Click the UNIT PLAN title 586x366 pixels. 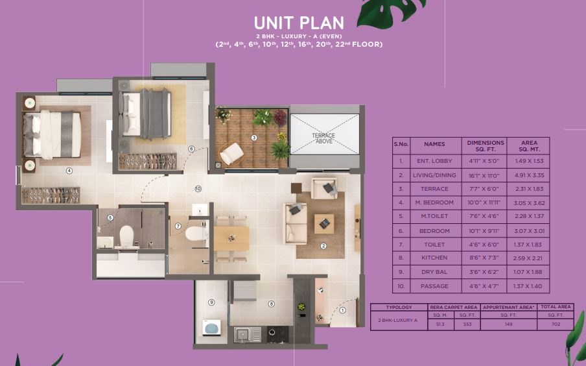pos(299,23)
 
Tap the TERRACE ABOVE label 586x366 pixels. pos(323,138)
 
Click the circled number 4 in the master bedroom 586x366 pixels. pos(69,171)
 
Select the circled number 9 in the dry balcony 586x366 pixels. pos(211,302)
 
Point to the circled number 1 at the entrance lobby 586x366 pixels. pos(342,310)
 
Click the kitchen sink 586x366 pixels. pos(248,334)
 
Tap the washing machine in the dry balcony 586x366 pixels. pos(211,328)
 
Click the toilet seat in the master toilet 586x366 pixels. pos(126,236)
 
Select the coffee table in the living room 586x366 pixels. pos(324,223)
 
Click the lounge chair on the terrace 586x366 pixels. pos(231,153)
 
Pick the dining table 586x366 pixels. pos(231,238)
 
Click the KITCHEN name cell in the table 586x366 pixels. pos(434,258)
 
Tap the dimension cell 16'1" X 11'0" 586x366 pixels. pos(484,175)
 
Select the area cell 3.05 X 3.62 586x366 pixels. pos(529,203)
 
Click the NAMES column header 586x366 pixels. pos(434,144)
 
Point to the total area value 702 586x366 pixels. pos(556,324)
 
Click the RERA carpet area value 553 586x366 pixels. pos(467,324)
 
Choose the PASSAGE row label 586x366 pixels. pos(434,286)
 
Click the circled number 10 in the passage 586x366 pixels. pos(198,189)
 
